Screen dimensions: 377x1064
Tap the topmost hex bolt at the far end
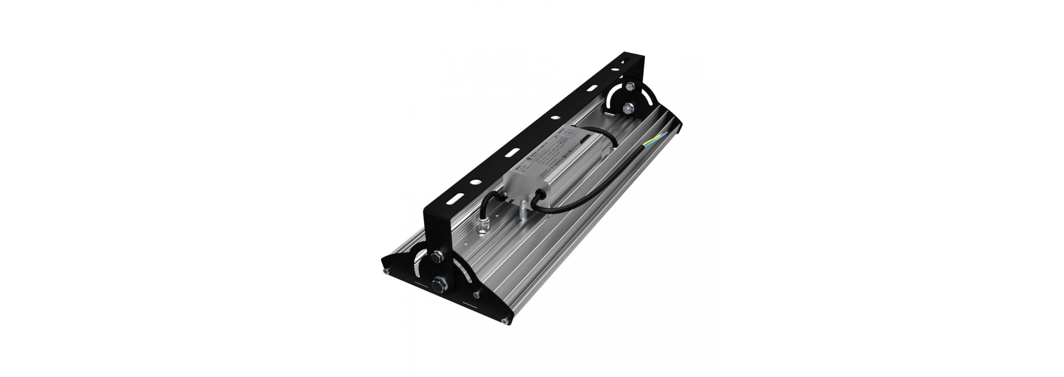(x=630, y=86)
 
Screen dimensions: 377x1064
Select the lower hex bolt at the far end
(x=628, y=109)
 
